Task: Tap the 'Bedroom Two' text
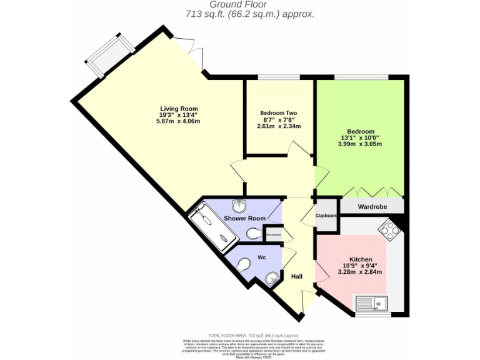pyautogui.click(x=279, y=113)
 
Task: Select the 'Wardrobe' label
pyautogui.click(x=372, y=206)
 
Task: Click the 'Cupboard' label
pyautogui.click(x=326, y=216)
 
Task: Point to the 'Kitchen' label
pyautogui.click(x=361, y=259)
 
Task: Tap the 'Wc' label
pyautogui.click(x=261, y=258)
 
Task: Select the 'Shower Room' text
pyautogui.click(x=244, y=218)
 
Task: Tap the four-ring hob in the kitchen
pyautogui.click(x=390, y=231)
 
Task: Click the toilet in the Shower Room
pyautogui.click(x=254, y=234)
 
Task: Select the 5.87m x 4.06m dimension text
pyautogui.click(x=178, y=121)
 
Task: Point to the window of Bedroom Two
pyautogui.click(x=279, y=77)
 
